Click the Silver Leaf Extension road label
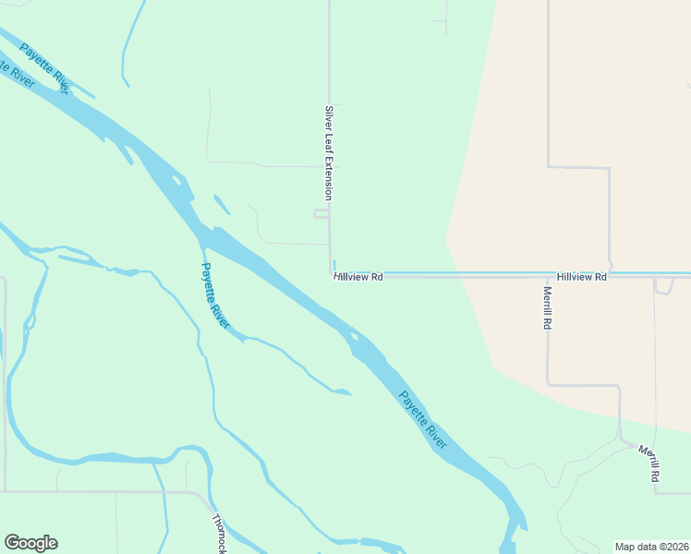(327, 152)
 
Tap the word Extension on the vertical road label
(327, 178)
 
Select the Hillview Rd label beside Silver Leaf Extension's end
(359, 276)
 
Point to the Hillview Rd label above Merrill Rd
(581, 276)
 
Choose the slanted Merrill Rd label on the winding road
(649, 463)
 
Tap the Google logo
(30, 543)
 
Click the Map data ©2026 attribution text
(651, 547)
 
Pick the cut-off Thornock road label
(219, 534)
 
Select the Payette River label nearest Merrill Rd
(423, 420)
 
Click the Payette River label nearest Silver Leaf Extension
(214, 296)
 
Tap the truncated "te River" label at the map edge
(17, 74)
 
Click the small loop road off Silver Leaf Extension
(321, 214)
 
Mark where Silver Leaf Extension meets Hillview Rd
(332, 274)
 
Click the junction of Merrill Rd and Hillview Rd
(548, 275)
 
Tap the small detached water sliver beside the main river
(222, 204)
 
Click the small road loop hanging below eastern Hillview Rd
(663, 287)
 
